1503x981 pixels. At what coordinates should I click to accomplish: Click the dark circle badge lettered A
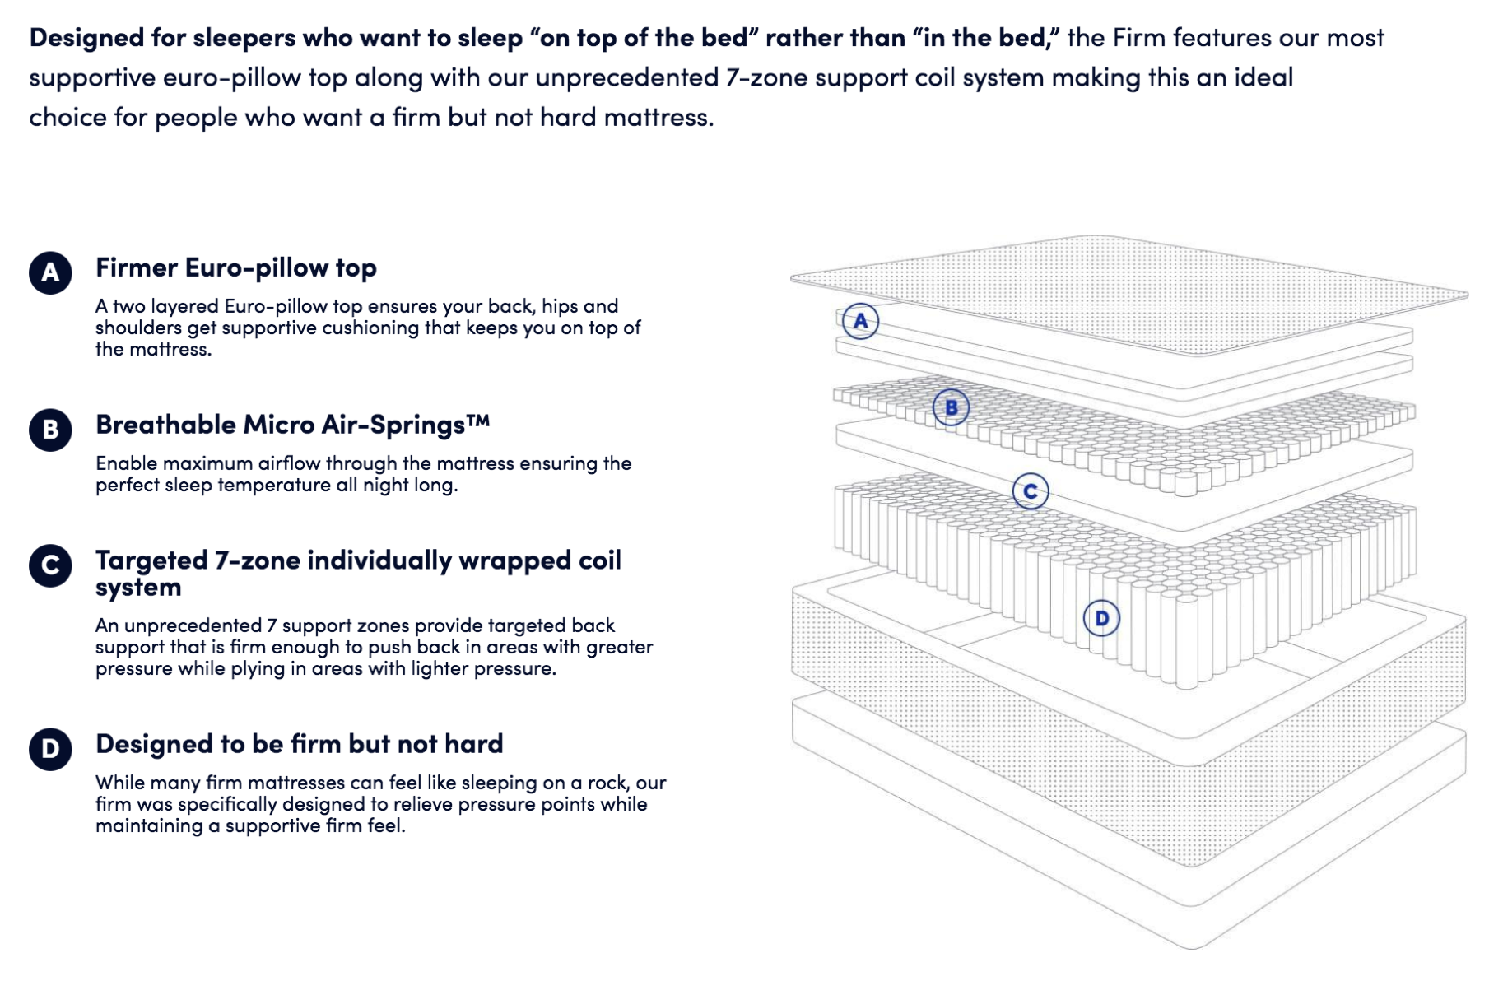click(x=50, y=272)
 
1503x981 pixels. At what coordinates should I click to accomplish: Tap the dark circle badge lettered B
click(x=50, y=430)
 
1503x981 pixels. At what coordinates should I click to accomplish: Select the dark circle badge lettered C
click(x=50, y=565)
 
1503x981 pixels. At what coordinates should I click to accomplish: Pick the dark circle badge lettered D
click(x=50, y=749)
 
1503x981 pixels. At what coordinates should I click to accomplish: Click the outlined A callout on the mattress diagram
click(x=860, y=321)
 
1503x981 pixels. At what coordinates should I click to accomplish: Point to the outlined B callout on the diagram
click(x=951, y=407)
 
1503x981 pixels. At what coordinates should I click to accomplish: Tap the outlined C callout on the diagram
click(x=1030, y=491)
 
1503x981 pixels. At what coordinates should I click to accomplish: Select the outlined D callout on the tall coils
click(x=1101, y=618)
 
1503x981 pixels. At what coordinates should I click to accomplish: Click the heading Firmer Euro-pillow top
click(x=235, y=267)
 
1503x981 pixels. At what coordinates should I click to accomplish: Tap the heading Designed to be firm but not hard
click(x=299, y=744)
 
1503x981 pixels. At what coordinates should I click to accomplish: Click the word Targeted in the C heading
click(x=151, y=560)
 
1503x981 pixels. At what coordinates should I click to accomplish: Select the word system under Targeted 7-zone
click(x=137, y=588)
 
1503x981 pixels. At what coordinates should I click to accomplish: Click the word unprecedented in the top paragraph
click(x=627, y=77)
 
